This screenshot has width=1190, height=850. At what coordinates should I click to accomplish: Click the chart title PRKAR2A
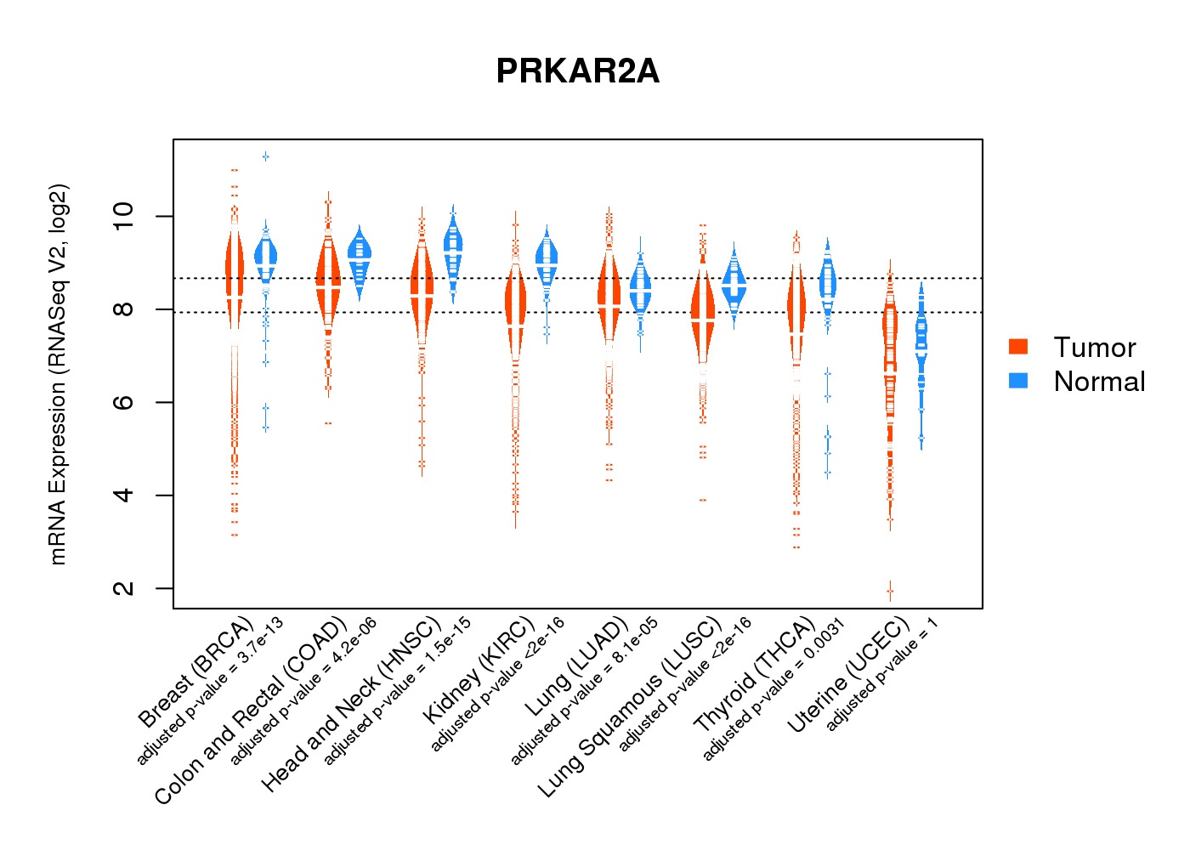coord(577,71)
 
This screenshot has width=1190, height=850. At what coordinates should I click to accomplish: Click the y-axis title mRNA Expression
coord(58,374)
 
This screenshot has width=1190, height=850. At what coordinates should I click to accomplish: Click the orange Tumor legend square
coord(1017,346)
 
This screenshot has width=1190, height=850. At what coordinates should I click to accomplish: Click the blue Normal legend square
coord(1017,380)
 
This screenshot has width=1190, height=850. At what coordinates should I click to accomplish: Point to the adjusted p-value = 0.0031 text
coord(774,689)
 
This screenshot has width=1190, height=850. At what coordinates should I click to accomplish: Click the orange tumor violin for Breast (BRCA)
coord(235,272)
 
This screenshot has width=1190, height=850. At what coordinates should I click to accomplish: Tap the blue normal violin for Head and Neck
coord(453,246)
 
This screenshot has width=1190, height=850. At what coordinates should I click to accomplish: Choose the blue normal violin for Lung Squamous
coord(734,283)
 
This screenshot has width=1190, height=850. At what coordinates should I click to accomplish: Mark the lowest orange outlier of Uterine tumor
coord(890,591)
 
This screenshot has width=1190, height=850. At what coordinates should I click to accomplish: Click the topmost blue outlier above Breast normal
coord(266,156)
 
